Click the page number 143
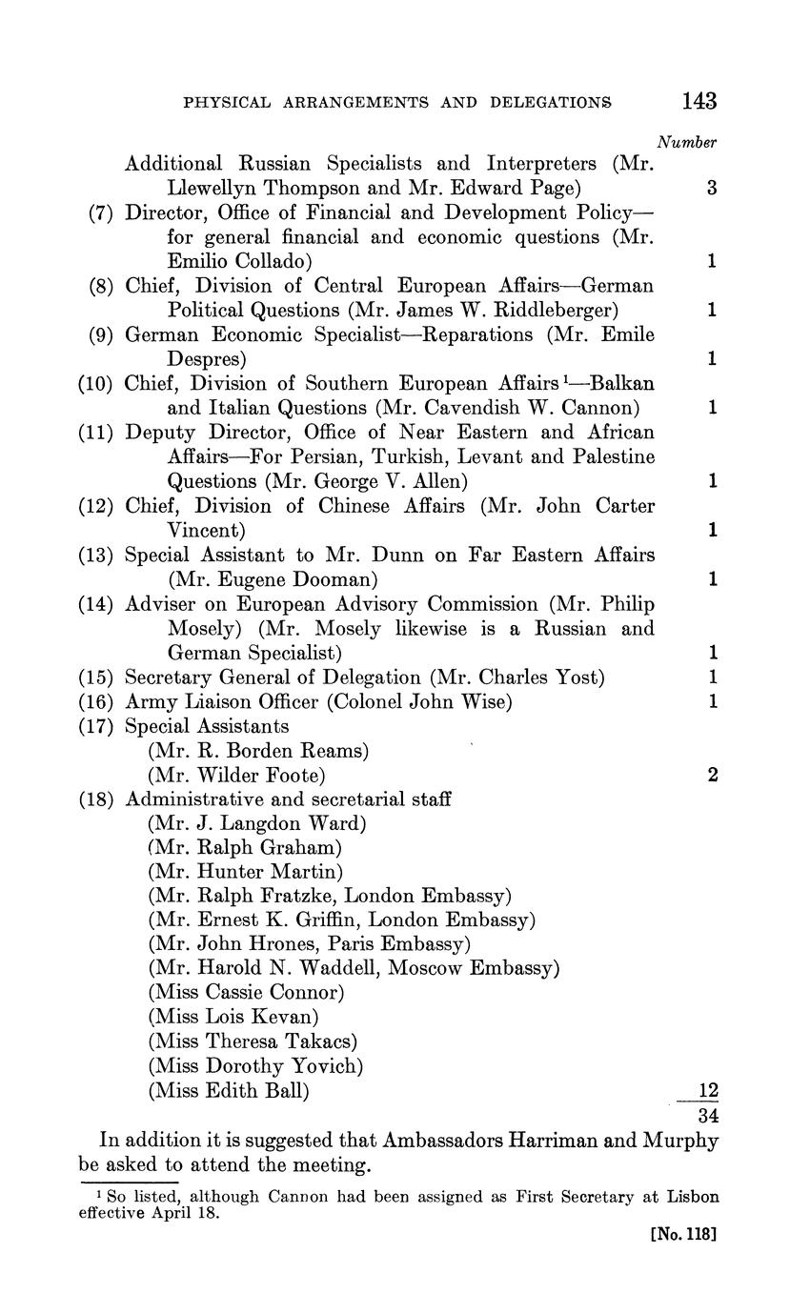(699, 101)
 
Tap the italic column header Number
(687, 143)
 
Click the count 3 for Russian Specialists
(712, 189)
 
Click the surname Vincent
(207, 531)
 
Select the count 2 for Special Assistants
(712, 775)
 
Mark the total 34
(708, 1114)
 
